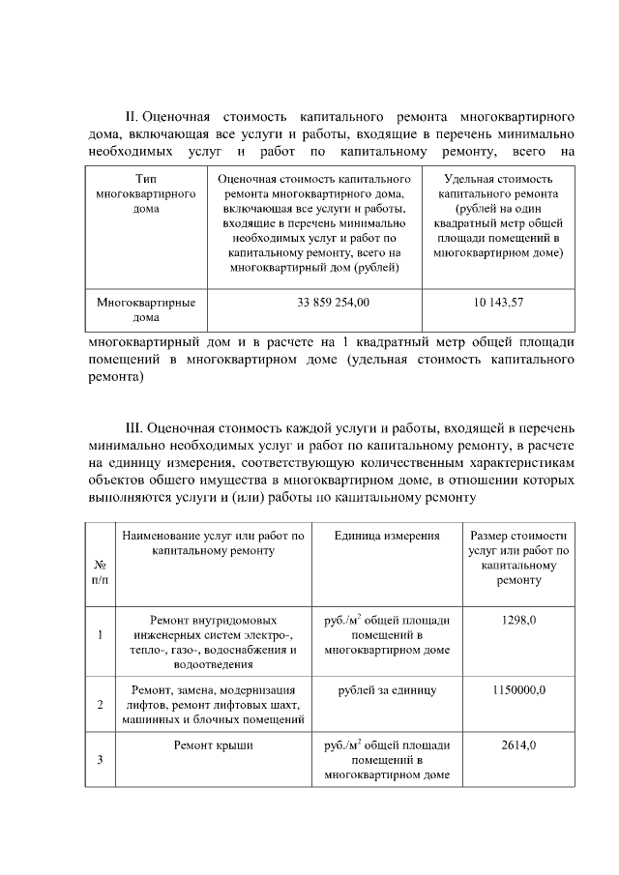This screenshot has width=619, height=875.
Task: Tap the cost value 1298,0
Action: pyautogui.click(x=518, y=620)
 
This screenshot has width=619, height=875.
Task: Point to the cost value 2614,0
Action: pyautogui.click(x=518, y=745)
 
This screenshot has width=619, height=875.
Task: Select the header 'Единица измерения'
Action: pyautogui.click(x=387, y=536)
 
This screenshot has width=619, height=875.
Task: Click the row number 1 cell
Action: pyautogui.click(x=100, y=635)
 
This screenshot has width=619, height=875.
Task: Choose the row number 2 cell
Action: pyautogui.click(x=100, y=704)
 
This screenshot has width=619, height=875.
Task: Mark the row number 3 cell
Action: pyautogui.click(x=100, y=760)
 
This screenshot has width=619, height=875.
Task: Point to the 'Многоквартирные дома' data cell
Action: pyautogui.click(x=146, y=309)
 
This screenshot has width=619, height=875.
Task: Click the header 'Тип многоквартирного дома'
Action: pyautogui.click(x=146, y=194)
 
